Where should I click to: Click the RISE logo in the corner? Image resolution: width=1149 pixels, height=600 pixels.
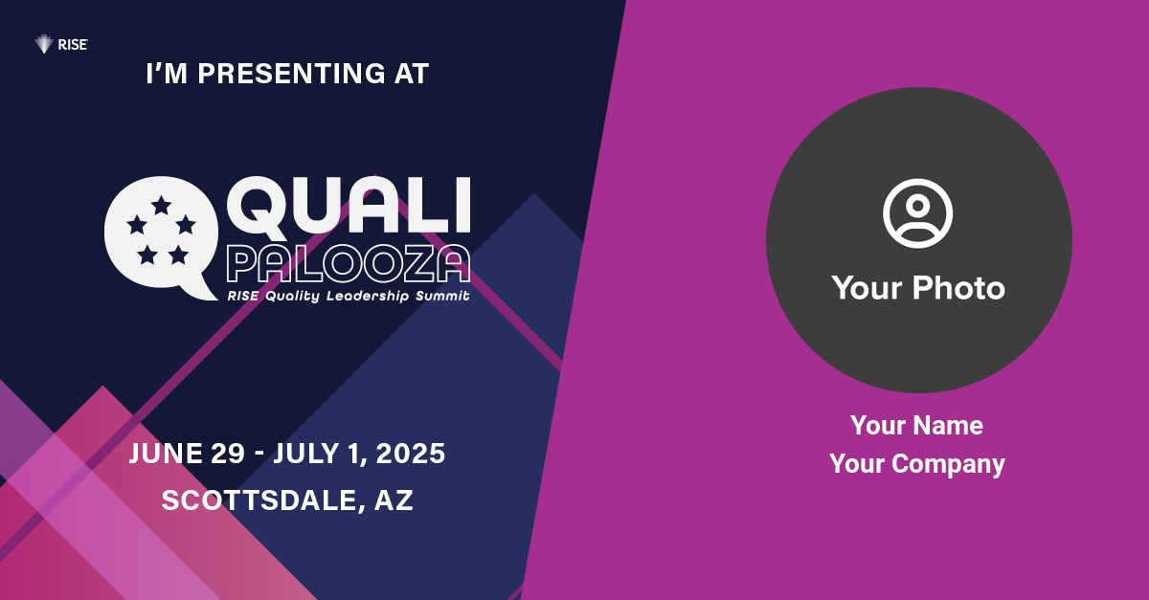pos(61,45)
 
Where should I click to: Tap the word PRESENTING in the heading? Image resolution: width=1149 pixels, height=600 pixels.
pos(291,74)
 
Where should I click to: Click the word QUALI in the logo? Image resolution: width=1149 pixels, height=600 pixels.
pos(349,205)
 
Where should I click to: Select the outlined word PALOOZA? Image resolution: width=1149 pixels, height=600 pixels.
pos(349,263)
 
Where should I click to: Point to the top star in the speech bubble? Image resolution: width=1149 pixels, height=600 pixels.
pos(161,205)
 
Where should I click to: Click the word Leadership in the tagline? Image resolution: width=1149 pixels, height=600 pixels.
pos(368,296)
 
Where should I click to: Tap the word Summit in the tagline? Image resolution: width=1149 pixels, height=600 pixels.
pos(442,296)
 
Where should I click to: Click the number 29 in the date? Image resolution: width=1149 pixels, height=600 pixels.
pos(228,454)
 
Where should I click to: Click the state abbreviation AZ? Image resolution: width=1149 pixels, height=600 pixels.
pos(394,500)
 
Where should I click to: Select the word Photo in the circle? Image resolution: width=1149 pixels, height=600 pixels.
pos(958,288)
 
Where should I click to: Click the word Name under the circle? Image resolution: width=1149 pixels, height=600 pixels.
pos(950,426)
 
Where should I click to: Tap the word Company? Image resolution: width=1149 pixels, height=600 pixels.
pos(948,465)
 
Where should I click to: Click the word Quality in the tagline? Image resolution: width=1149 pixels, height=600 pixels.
pos(292,297)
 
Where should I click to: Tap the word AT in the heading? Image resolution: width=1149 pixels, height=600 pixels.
pos(412,74)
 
